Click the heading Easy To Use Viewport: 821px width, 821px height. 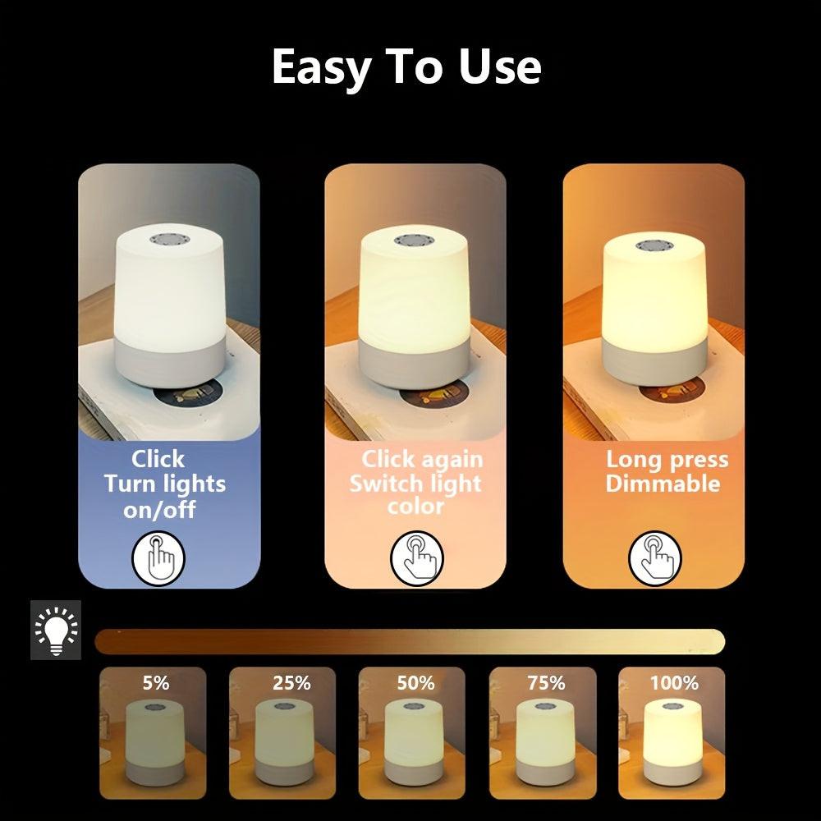pos(406,67)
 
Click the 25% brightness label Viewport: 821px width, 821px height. pos(291,682)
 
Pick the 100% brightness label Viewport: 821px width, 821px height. pos(673,682)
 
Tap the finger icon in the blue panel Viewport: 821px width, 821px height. pos(159,559)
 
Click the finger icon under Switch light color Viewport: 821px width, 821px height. pos(416,557)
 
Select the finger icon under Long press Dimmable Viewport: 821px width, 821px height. pos(654,558)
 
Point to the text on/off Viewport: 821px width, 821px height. pos(159,509)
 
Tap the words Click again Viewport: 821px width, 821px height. pos(422,459)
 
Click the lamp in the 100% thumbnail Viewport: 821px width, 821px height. pos(671,743)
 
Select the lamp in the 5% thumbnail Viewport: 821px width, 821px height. pos(153,743)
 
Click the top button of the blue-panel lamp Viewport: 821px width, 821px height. pos(171,238)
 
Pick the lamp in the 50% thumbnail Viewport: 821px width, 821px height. pos(413,743)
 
